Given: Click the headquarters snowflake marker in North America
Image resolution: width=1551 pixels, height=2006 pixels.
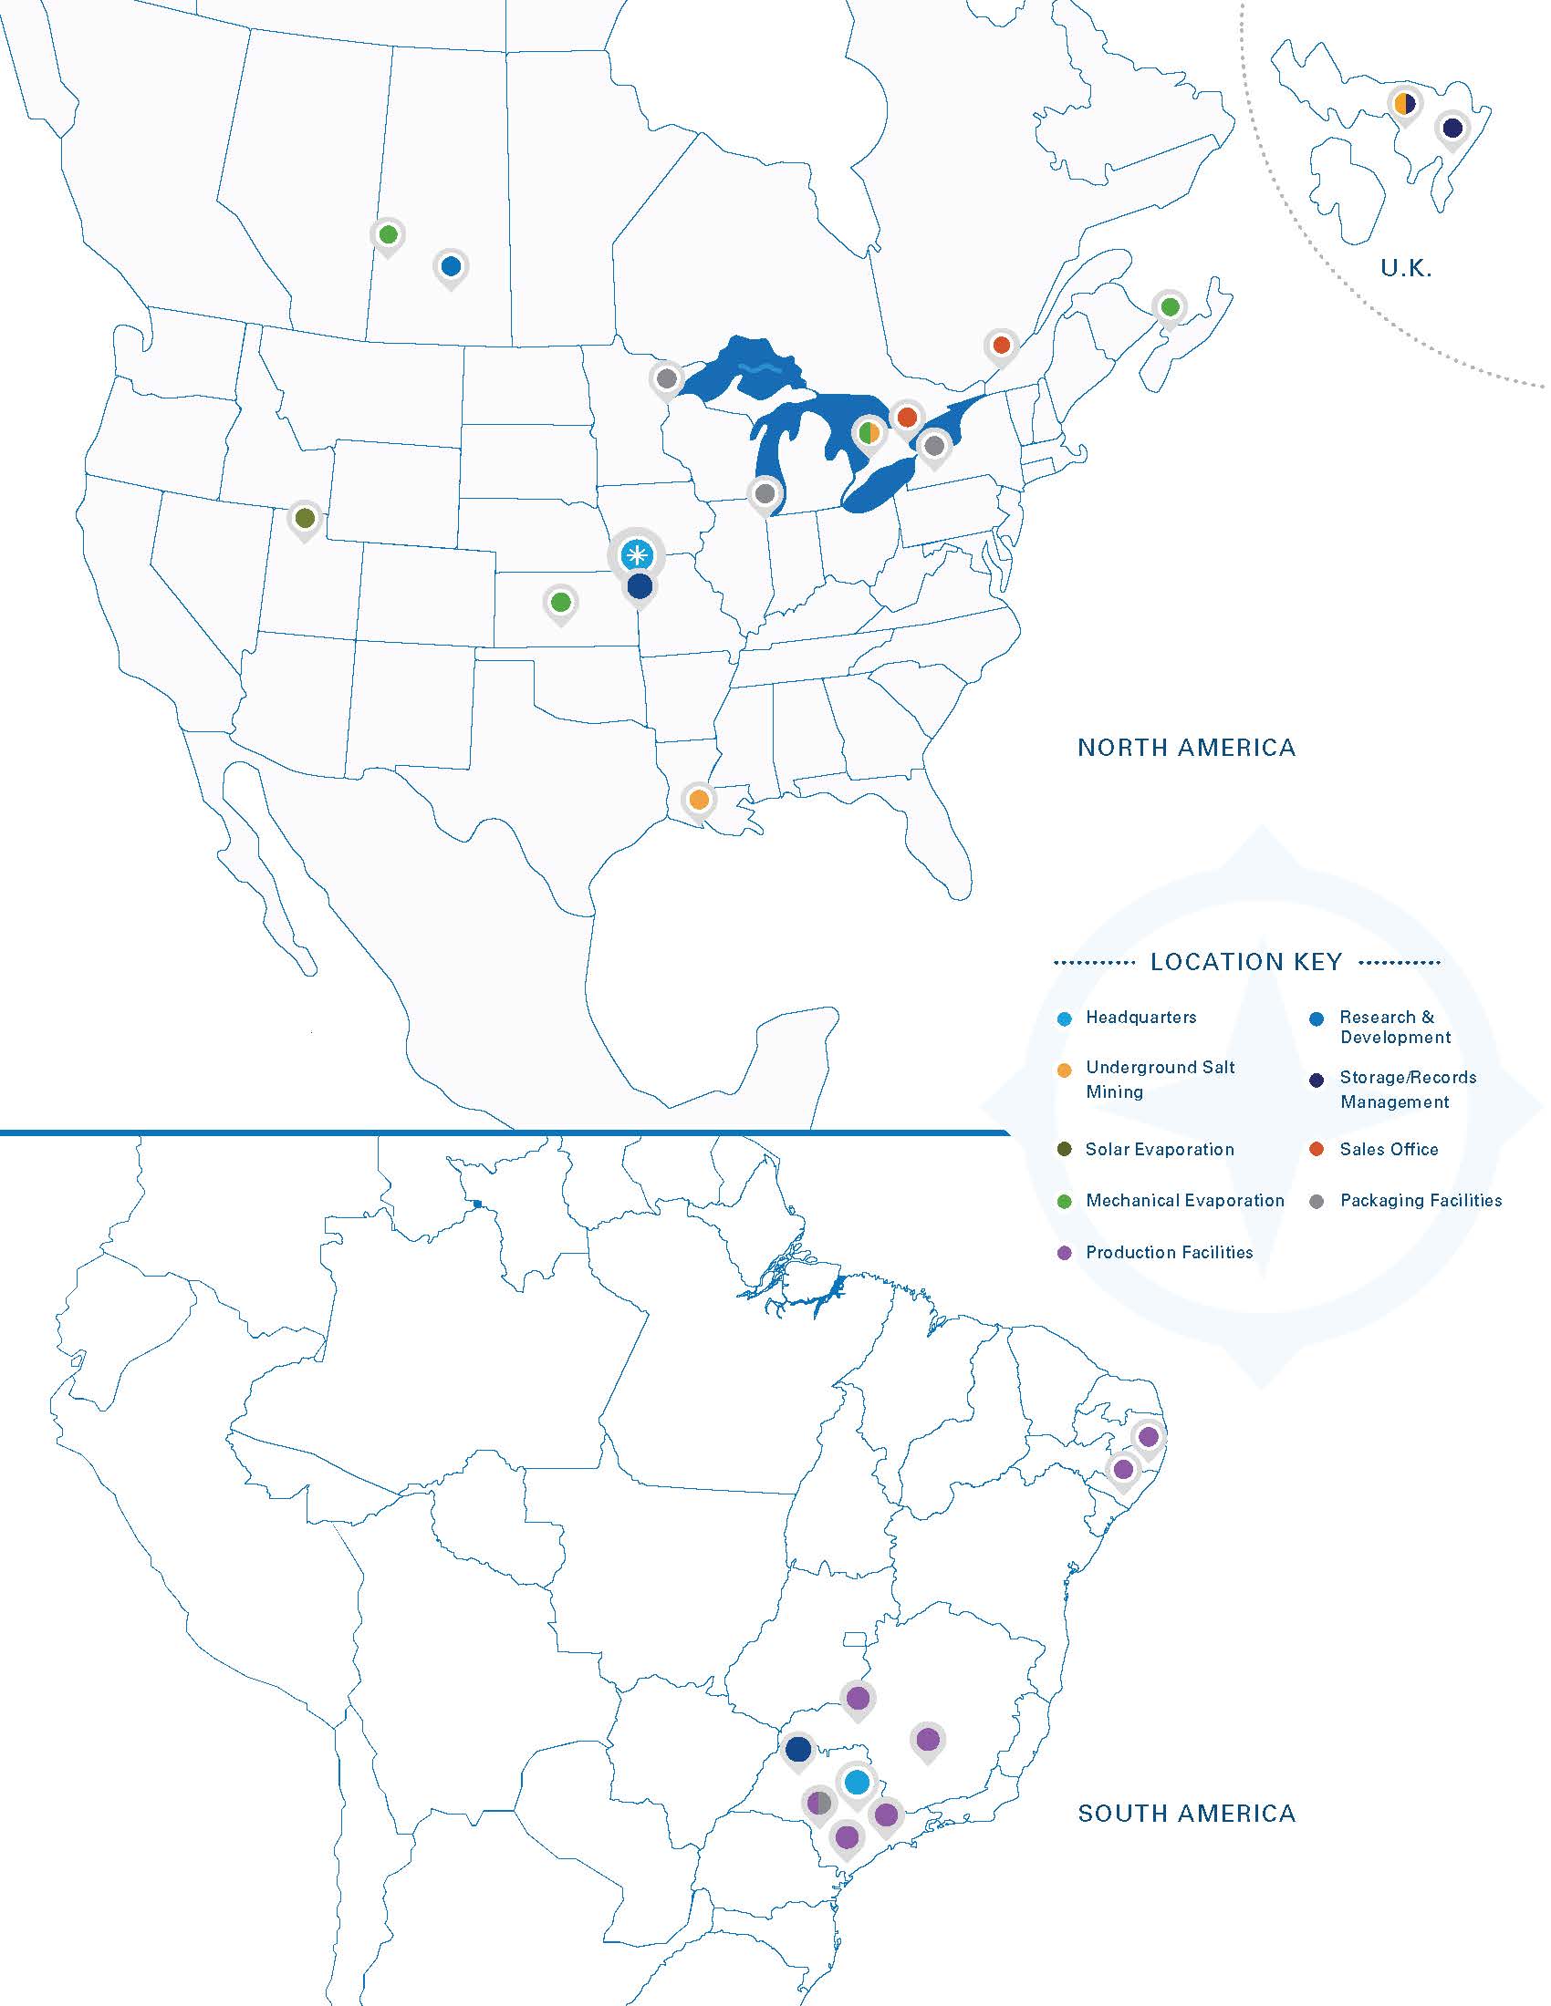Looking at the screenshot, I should pyautogui.click(x=636, y=553).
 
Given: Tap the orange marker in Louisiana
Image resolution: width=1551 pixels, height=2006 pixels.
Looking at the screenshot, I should pyautogui.click(x=698, y=799).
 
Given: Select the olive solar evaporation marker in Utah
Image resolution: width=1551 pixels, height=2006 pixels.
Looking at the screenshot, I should pyautogui.click(x=305, y=518).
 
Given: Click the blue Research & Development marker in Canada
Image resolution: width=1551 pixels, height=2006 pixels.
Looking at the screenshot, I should pyautogui.click(x=450, y=266).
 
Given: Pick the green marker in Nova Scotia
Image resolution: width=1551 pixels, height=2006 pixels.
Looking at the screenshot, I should pyautogui.click(x=1169, y=305).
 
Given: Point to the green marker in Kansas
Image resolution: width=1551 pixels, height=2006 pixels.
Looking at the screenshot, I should pyautogui.click(x=560, y=603).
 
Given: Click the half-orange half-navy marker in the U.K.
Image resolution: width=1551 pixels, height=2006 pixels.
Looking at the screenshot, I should pyautogui.click(x=1403, y=103).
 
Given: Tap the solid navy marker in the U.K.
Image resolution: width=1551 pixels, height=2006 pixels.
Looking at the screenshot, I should pyautogui.click(x=1452, y=128).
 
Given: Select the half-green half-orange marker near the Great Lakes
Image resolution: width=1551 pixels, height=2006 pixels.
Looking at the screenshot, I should pyautogui.click(x=869, y=431).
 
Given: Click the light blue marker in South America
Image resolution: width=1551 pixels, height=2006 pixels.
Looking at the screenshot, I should pyautogui.click(x=857, y=1782).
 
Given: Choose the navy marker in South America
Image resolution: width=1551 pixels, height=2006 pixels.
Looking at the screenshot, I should pyautogui.click(x=798, y=1749).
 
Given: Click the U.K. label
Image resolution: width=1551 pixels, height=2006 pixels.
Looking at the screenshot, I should pyautogui.click(x=1406, y=268).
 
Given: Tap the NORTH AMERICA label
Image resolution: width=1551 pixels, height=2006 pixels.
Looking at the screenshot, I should pyautogui.click(x=1186, y=748).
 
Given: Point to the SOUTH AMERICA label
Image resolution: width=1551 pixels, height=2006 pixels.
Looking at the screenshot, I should pyautogui.click(x=1186, y=1813).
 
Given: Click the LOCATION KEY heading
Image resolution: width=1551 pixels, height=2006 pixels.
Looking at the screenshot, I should pyautogui.click(x=1246, y=962).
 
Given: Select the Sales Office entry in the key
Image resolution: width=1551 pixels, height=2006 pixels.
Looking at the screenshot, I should pyautogui.click(x=1389, y=1149).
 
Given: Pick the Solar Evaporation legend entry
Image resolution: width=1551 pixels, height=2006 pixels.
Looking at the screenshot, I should pyautogui.click(x=1160, y=1149).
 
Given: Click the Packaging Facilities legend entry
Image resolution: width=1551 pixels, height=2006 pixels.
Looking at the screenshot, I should pyautogui.click(x=1421, y=1201).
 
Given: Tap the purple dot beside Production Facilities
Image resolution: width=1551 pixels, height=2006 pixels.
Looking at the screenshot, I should pyautogui.click(x=1065, y=1253).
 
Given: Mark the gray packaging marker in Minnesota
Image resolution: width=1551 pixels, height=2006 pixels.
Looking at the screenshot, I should pyautogui.click(x=667, y=377).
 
